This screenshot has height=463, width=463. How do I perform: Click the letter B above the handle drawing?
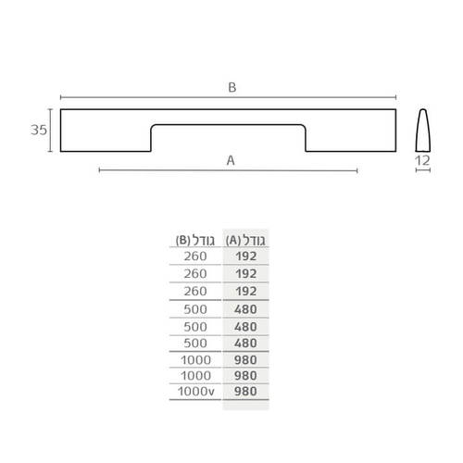(232, 87)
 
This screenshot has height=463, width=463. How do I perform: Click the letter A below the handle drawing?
(231, 160)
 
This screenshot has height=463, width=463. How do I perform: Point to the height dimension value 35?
(39, 130)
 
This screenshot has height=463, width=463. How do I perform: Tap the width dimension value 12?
(422, 160)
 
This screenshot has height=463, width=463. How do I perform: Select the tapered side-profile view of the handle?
(423, 131)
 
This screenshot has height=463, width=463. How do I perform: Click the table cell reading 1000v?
(196, 392)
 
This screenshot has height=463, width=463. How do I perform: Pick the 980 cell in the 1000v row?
(245, 392)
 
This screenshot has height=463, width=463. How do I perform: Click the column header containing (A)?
(245, 240)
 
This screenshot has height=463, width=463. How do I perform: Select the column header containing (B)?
(195, 240)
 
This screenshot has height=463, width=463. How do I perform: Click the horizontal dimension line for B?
(229, 97)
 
